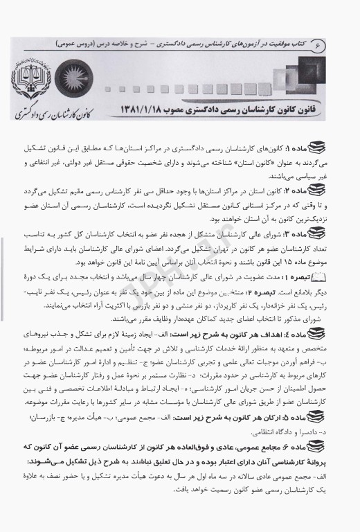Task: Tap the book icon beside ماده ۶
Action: [322, 450]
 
